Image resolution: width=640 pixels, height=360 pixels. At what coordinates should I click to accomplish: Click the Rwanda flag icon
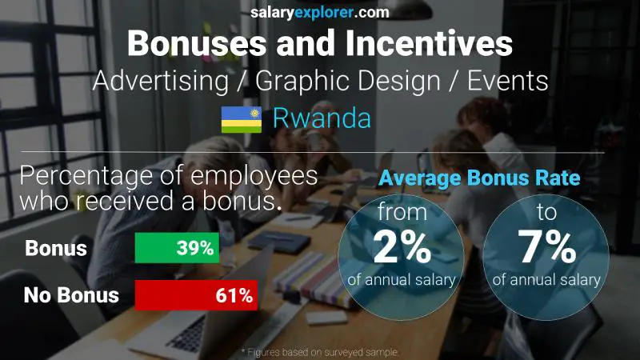[242, 119]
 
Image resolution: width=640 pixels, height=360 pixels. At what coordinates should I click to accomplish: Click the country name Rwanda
[322, 118]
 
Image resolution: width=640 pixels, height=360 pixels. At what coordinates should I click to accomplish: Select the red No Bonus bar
[196, 295]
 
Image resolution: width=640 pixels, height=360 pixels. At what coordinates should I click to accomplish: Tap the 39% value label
[195, 248]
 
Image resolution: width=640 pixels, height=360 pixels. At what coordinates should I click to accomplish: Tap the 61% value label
[234, 295]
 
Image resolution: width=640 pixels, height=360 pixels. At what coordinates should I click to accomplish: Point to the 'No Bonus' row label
[71, 295]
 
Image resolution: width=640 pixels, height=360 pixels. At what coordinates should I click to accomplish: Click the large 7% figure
[546, 250]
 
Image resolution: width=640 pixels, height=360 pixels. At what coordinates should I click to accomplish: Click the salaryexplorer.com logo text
[320, 12]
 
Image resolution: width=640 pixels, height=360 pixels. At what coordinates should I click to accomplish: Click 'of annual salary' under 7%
[546, 280]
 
